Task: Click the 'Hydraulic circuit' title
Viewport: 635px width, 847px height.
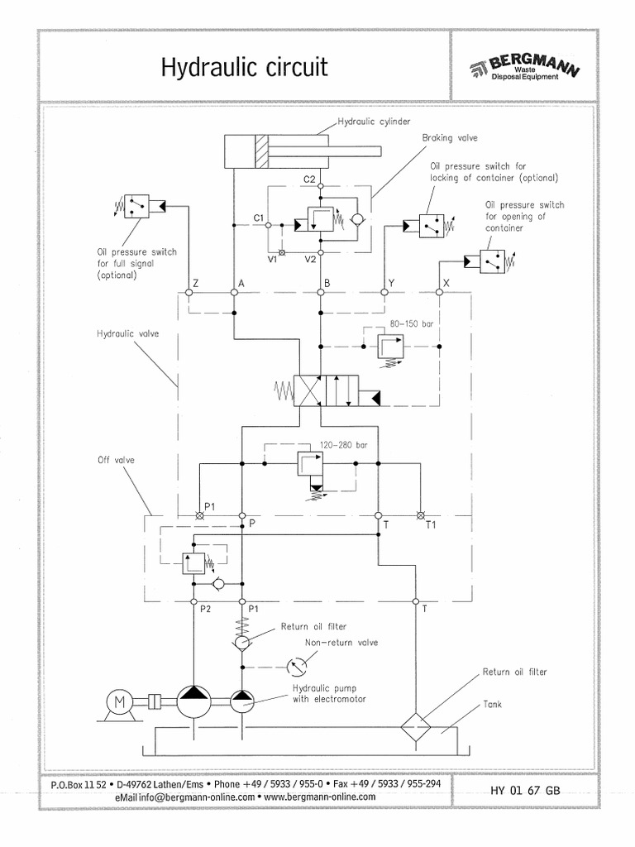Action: pos(244,67)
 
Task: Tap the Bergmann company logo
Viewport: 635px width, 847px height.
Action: pos(523,68)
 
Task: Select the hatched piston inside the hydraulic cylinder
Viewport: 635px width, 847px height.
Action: pos(262,152)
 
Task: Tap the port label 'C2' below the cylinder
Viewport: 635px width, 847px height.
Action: pos(309,179)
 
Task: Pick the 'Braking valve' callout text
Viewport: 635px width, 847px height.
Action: pos(449,138)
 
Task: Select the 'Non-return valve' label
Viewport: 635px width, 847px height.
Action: pos(341,642)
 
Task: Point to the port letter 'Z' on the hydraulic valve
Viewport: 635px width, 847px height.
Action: pos(195,283)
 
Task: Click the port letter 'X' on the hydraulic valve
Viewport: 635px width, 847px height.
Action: pos(447,283)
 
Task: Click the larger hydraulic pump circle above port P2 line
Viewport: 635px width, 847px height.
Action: pos(193,701)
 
